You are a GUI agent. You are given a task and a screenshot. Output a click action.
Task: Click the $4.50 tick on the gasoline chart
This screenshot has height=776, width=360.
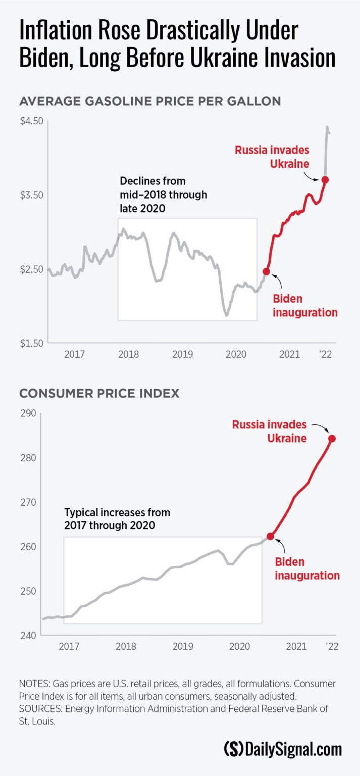pos(31,121)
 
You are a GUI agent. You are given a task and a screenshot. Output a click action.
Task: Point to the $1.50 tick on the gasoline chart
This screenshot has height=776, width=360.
pos(31,344)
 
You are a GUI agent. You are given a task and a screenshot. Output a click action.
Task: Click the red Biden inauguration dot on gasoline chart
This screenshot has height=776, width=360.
pos(267,272)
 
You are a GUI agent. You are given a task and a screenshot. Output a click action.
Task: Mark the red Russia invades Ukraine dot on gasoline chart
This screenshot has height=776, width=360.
pos(326,179)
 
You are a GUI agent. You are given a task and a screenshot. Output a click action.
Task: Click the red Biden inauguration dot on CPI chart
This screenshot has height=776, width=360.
pos(270,536)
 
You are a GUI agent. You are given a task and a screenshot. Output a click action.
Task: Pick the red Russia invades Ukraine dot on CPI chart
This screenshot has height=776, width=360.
pos(332,439)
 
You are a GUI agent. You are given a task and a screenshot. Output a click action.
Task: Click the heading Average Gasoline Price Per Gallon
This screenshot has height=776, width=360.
pos(149,101)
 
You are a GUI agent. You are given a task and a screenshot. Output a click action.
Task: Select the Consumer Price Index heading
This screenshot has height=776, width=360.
pos(99,393)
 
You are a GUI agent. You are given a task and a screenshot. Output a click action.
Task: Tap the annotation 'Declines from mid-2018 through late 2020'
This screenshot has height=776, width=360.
pos(163,195)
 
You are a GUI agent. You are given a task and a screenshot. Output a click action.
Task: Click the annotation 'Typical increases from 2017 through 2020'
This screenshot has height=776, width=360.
pos(117,519)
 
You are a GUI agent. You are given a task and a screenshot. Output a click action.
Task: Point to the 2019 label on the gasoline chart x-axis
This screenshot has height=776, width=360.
pos(182,355)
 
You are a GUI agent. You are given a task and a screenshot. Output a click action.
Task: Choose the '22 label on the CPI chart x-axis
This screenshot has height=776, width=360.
pos(331,647)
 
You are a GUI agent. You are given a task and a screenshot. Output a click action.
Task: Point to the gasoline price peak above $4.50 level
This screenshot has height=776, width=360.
pos(327,127)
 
